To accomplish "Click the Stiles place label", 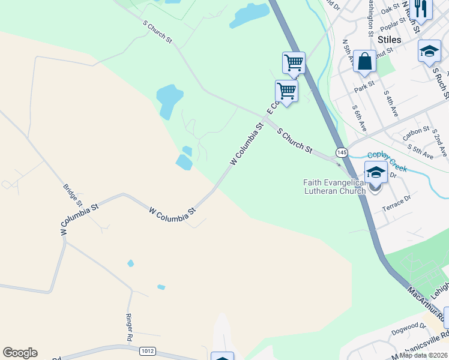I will point(390,40).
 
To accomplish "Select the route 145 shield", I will point(342,152).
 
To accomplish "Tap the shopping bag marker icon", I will point(364,61).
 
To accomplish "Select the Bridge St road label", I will point(72,196).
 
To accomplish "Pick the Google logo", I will point(20,353).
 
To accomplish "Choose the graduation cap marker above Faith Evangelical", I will point(376,172).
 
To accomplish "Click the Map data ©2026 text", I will point(424,355).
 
